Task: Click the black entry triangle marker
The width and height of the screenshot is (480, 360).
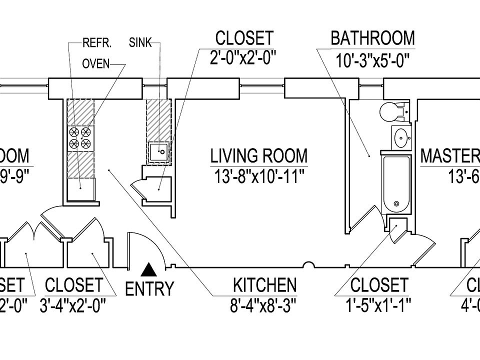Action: coord(147,270)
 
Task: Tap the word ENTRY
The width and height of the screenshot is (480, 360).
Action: coord(149,289)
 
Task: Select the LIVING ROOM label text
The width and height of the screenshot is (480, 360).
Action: coord(258,156)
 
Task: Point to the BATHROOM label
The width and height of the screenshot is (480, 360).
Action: coord(373,38)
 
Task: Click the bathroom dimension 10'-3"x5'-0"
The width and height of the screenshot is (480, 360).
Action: coord(373,62)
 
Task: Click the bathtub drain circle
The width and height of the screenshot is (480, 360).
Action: coord(396,204)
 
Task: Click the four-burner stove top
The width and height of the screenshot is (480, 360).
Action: coord(80,138)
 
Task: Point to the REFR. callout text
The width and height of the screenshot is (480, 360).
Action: coord(96,43)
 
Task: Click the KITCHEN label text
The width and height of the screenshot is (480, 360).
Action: coord(264,285)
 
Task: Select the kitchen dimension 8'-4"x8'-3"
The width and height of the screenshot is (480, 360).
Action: coord(264,305)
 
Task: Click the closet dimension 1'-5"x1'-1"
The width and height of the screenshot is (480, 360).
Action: coord(379,305)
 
